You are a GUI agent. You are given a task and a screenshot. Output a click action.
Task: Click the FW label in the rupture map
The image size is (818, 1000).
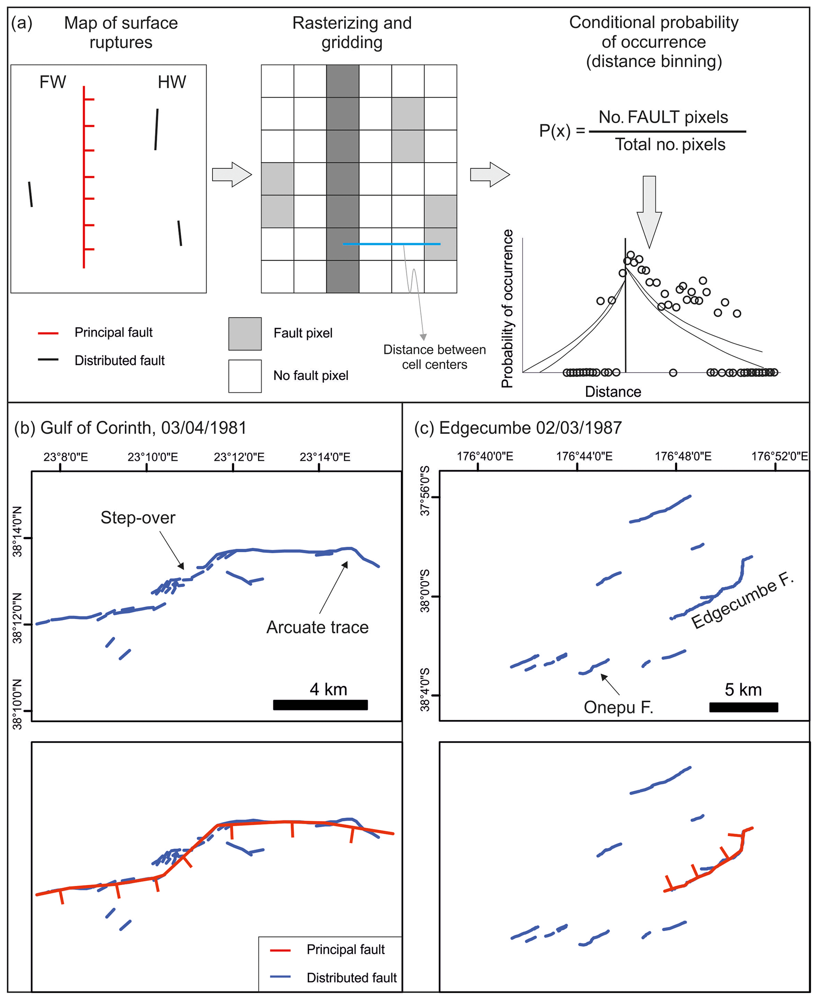click(x=52, y=82)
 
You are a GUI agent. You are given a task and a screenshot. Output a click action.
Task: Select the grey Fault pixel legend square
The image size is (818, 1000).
click(x=245, y=334)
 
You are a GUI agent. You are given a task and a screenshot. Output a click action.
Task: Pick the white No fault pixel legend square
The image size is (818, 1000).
click(x=245, y=376)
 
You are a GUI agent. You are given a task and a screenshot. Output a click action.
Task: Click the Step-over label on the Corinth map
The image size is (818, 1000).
click(x=138, y=517)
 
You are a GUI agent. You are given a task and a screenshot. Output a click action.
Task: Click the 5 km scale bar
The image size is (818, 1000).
click(x=743, y=707)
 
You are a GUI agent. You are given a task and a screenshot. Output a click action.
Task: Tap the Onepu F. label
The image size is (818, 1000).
click(x=618, y=707)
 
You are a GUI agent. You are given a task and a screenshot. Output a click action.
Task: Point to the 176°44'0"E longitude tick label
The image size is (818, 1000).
click(x=584, y=456)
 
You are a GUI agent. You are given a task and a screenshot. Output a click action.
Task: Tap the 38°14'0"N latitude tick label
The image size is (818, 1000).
click(x=17, y=532)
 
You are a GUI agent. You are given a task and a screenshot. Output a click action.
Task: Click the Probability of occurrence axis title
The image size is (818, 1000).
click(x=507, y=309)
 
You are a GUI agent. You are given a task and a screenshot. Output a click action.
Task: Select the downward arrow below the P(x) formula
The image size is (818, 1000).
click(x=649, y=212)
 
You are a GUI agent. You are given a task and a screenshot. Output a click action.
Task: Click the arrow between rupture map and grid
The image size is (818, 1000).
click(x=232, y=175)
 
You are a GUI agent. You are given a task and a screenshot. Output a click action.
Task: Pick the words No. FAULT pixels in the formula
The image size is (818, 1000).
click(x=663, y=117)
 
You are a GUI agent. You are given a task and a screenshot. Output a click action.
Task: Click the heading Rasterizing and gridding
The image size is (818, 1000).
click(x=351, y=32)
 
